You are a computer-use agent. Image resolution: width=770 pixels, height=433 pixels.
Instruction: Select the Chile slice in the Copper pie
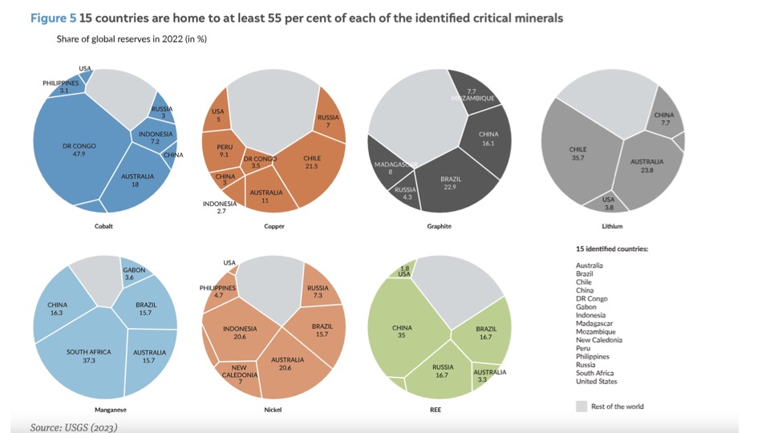[313, 164]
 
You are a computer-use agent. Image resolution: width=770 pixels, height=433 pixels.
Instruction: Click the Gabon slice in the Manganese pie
[134, 273]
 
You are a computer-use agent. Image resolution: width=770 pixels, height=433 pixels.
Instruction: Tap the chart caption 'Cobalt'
[103, 226]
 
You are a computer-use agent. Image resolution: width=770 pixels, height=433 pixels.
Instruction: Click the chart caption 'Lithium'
[612, 226]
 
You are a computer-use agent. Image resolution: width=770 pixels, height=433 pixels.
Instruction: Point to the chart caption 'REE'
[434, 410]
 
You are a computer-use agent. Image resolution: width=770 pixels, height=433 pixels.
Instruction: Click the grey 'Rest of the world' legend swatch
[582, 407]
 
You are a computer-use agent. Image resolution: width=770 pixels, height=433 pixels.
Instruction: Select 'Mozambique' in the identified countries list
[595, 332]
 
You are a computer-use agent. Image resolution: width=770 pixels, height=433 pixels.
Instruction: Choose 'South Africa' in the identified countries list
[594, 373]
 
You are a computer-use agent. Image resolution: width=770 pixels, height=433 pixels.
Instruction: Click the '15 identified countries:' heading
[611, 249]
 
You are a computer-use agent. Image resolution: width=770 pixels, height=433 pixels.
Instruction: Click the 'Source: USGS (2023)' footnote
[74, 427]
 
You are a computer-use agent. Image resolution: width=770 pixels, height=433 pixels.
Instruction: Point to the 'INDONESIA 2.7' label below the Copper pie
[220, 208]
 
